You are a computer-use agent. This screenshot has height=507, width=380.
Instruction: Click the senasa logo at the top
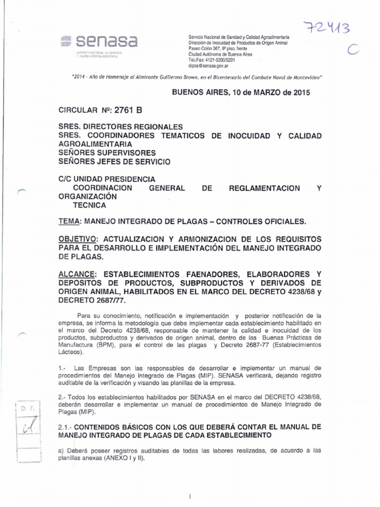(99, 41)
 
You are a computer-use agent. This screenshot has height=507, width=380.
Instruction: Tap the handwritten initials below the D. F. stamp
(26, 426)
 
